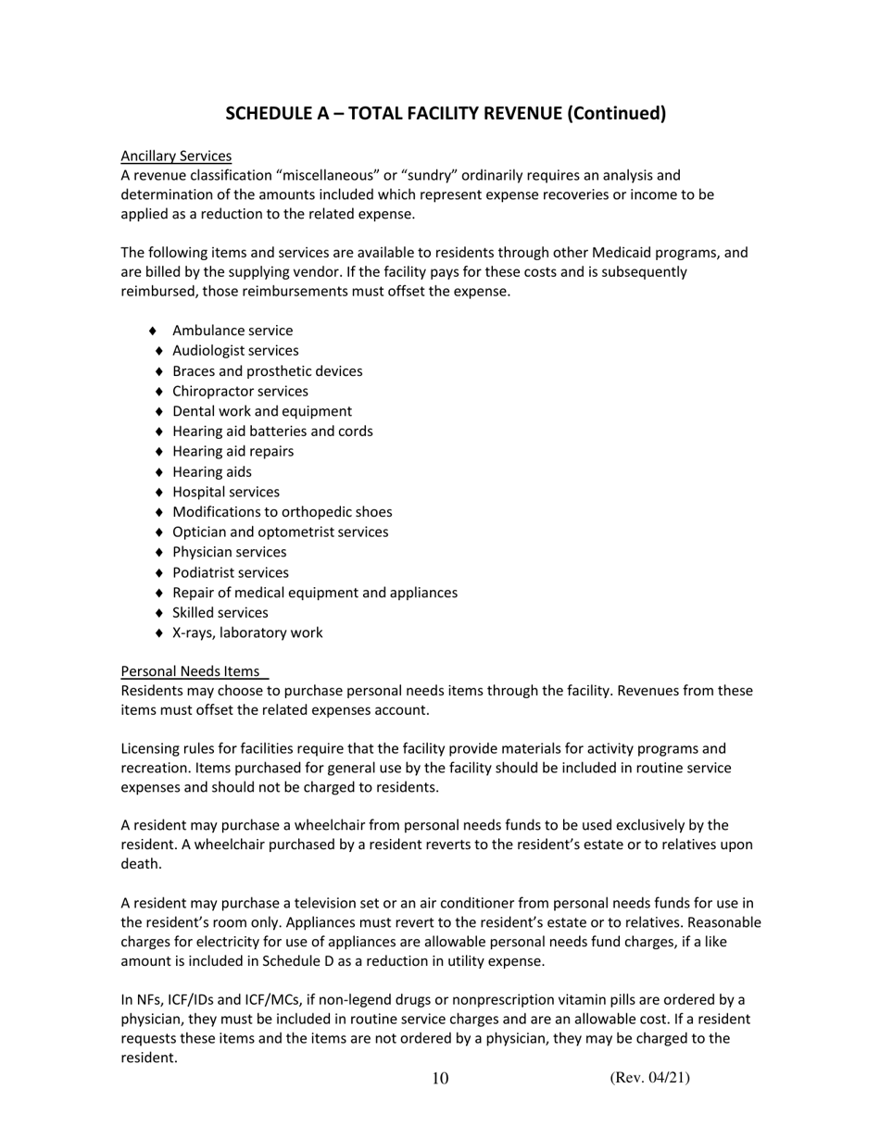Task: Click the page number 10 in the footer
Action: [440, 1079]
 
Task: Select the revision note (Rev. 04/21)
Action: [649, 1077]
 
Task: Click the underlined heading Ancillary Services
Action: [176, 156]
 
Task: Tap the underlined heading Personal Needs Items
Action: [191, 671]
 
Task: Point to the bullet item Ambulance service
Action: [233, 331]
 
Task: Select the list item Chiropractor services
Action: [240, 391]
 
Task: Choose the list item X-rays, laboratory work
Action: [247, 633]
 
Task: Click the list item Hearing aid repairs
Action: [233, 451]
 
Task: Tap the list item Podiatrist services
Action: [230, 572]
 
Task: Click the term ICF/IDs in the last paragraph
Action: [190, 1000]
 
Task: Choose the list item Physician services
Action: [229, 552]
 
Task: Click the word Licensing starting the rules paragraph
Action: [151, 748]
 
